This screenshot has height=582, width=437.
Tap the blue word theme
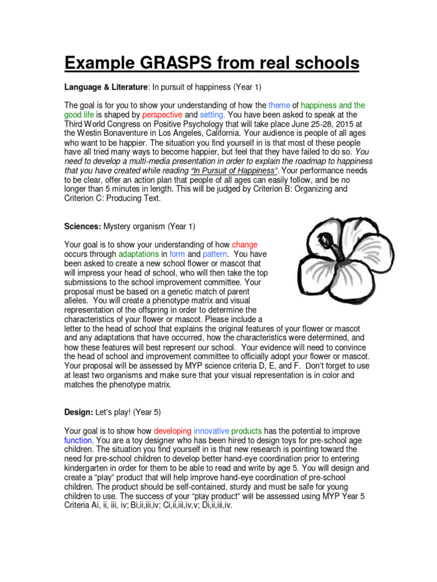[279, 105]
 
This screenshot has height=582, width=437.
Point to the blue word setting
[213, 114]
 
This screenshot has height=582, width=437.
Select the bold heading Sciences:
[83, 226]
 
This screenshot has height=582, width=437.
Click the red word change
[245, 245]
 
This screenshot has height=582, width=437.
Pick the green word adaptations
[139, 254]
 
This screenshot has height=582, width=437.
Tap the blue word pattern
[215, 254]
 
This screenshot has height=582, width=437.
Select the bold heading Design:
[79, 412]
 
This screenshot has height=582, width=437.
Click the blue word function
[78, 440]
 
